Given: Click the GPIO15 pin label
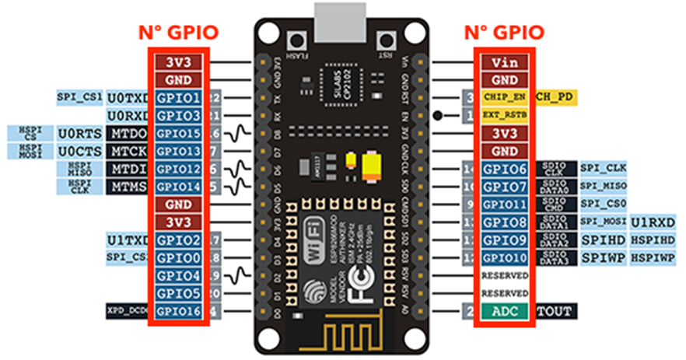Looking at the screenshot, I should (179, 134).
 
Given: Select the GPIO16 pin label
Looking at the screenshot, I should (179, 311).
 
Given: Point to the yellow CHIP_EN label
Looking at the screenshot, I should (505, 96).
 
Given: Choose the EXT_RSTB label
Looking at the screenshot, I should (505, 115).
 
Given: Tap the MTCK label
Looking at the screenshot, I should (129, 151).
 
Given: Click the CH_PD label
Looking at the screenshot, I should (556, 96).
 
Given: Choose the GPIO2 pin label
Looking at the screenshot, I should (179, 239).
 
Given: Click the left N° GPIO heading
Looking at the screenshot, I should (178, 32).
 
